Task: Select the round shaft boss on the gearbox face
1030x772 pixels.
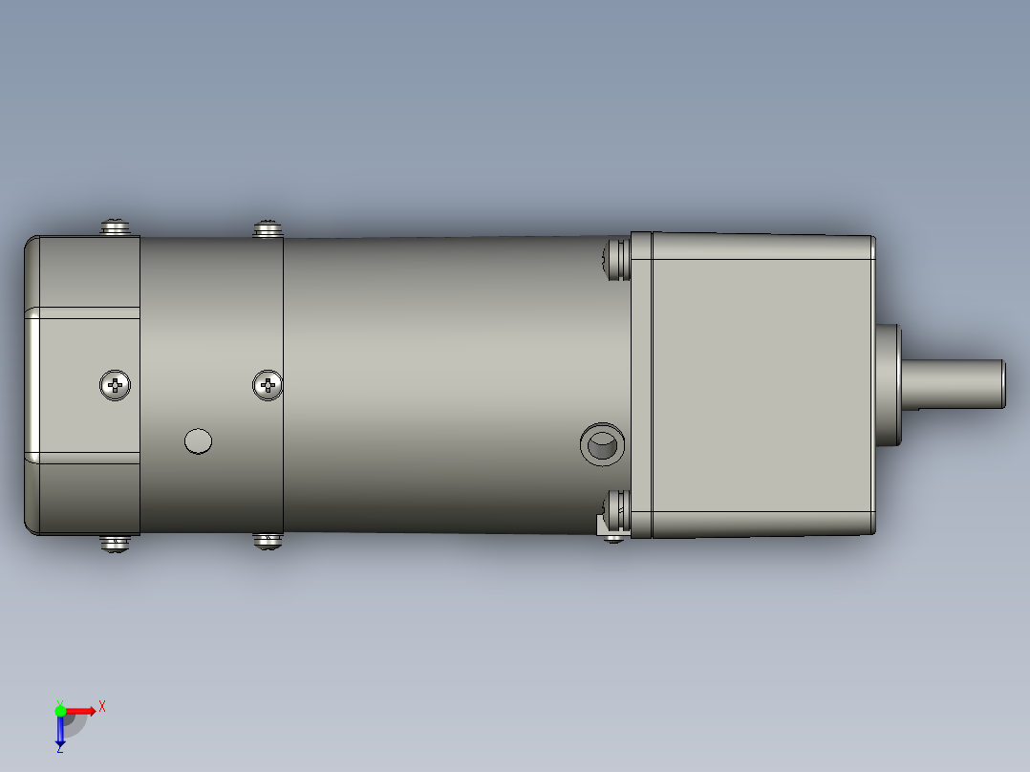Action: (x=888, y=384)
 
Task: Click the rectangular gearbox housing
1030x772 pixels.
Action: (x=762, y=384)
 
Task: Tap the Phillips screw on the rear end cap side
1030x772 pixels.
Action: (x=116, y=385)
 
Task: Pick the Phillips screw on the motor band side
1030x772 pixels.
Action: (x=268, y=385)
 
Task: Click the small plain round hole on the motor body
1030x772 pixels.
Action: (x=198, y=440)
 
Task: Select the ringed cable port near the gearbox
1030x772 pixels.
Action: (x=603, y=444)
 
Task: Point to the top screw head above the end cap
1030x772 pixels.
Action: (x=117, y=226)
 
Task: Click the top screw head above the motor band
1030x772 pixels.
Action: (x=268, y=227)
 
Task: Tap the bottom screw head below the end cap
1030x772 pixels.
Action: (x=116, y=544)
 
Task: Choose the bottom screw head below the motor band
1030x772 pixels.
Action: (x=268, y=541)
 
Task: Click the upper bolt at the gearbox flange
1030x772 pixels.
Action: (x=616, y=259)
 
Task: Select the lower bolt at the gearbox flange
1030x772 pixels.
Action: (x=616, y=511)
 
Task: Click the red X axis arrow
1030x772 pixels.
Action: (x=82, y=710)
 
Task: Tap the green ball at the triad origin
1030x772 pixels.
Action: (x=60, y=710)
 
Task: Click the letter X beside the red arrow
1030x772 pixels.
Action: (x=102, y=706)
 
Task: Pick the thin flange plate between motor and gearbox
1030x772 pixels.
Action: (x=640, y=384)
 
